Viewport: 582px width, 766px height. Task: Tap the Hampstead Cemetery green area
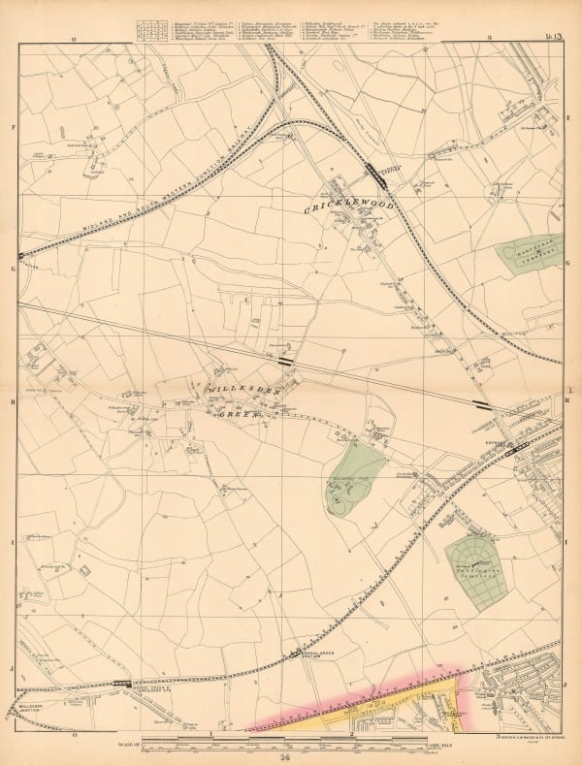point(531,252)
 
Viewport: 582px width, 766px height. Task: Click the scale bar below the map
point(291,743)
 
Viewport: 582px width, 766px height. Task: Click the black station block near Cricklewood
point(372,172)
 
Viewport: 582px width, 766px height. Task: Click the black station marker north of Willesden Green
point(285,361)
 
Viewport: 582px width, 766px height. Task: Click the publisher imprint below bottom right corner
point(530,740)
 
